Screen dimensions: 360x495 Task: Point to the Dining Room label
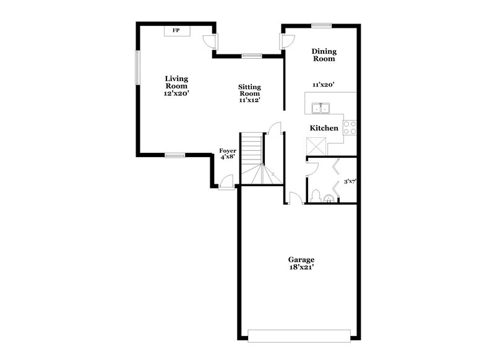323,55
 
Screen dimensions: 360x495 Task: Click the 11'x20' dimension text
323,84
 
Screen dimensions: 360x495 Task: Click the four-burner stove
350,127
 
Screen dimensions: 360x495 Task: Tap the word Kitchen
324,128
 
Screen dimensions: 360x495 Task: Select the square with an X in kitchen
316,146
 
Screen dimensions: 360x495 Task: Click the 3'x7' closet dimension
350,182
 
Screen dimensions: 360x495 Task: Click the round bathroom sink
329,199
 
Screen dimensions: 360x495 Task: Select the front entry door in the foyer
227,183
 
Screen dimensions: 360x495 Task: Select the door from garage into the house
295,198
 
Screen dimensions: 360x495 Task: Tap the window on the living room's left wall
137,67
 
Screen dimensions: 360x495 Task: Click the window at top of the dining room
321,25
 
